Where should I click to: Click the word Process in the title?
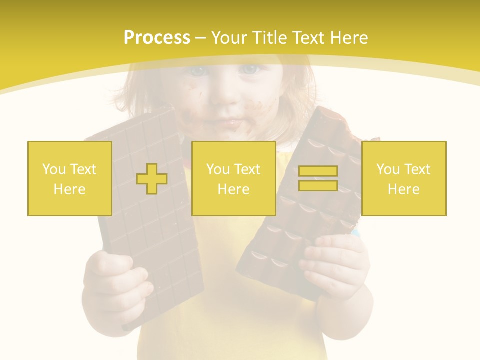[157, 38]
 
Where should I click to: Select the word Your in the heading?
[231, 38]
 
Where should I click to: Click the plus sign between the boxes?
[152, 179]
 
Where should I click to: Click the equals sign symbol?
[318, 178]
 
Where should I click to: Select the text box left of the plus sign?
[70, 178]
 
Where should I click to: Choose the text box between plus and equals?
[233, 178]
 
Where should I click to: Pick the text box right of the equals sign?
[404, 178]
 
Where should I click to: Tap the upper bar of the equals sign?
[318, 171]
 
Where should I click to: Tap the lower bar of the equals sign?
[318, 185]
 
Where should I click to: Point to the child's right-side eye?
[250, 69]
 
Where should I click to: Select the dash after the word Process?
[201, 38]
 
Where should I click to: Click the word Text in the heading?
[306, 38]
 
